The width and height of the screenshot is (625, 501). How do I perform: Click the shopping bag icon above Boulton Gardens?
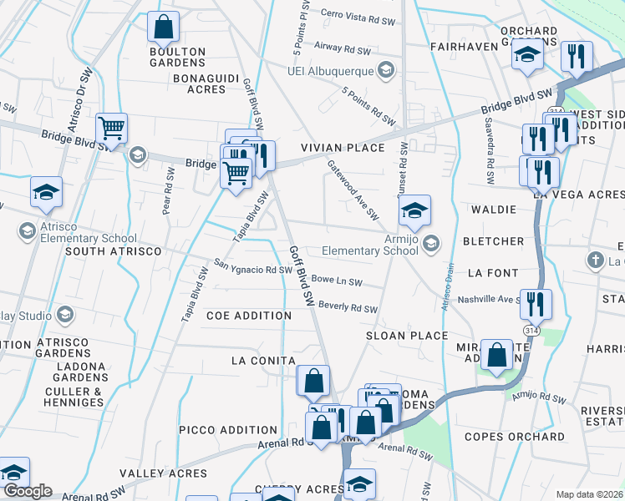point(163,27)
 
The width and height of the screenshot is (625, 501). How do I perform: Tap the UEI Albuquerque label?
point(330,71)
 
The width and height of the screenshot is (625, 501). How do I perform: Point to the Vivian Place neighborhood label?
point(343,148)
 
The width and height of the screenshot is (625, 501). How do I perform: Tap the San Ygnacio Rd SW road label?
point(252,269)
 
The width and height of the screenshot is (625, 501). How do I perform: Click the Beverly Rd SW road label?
point(348,307)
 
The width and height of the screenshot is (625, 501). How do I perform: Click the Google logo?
point(28,491)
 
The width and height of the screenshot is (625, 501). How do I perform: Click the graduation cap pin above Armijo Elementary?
point(414,211)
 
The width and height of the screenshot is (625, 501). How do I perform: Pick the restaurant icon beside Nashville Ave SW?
point(536,304)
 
